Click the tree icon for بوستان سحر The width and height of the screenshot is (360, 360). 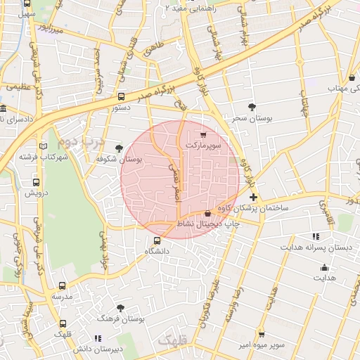pos(252,106)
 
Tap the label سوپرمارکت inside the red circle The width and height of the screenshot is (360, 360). pos(203,145)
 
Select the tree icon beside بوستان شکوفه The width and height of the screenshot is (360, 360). pos(118,148)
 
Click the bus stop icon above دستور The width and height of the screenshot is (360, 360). pos(122,97)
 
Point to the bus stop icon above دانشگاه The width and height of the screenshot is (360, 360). pos(157,241)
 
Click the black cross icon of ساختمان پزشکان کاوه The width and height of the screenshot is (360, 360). pos(253,198)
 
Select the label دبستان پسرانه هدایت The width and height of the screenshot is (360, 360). pos(316,247)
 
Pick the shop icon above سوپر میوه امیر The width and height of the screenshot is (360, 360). pos(262,333)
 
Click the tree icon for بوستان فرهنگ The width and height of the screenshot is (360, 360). pos(121,308)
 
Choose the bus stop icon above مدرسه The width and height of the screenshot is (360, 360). pos(63,286)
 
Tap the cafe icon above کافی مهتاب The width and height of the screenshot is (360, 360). pos(352,77)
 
